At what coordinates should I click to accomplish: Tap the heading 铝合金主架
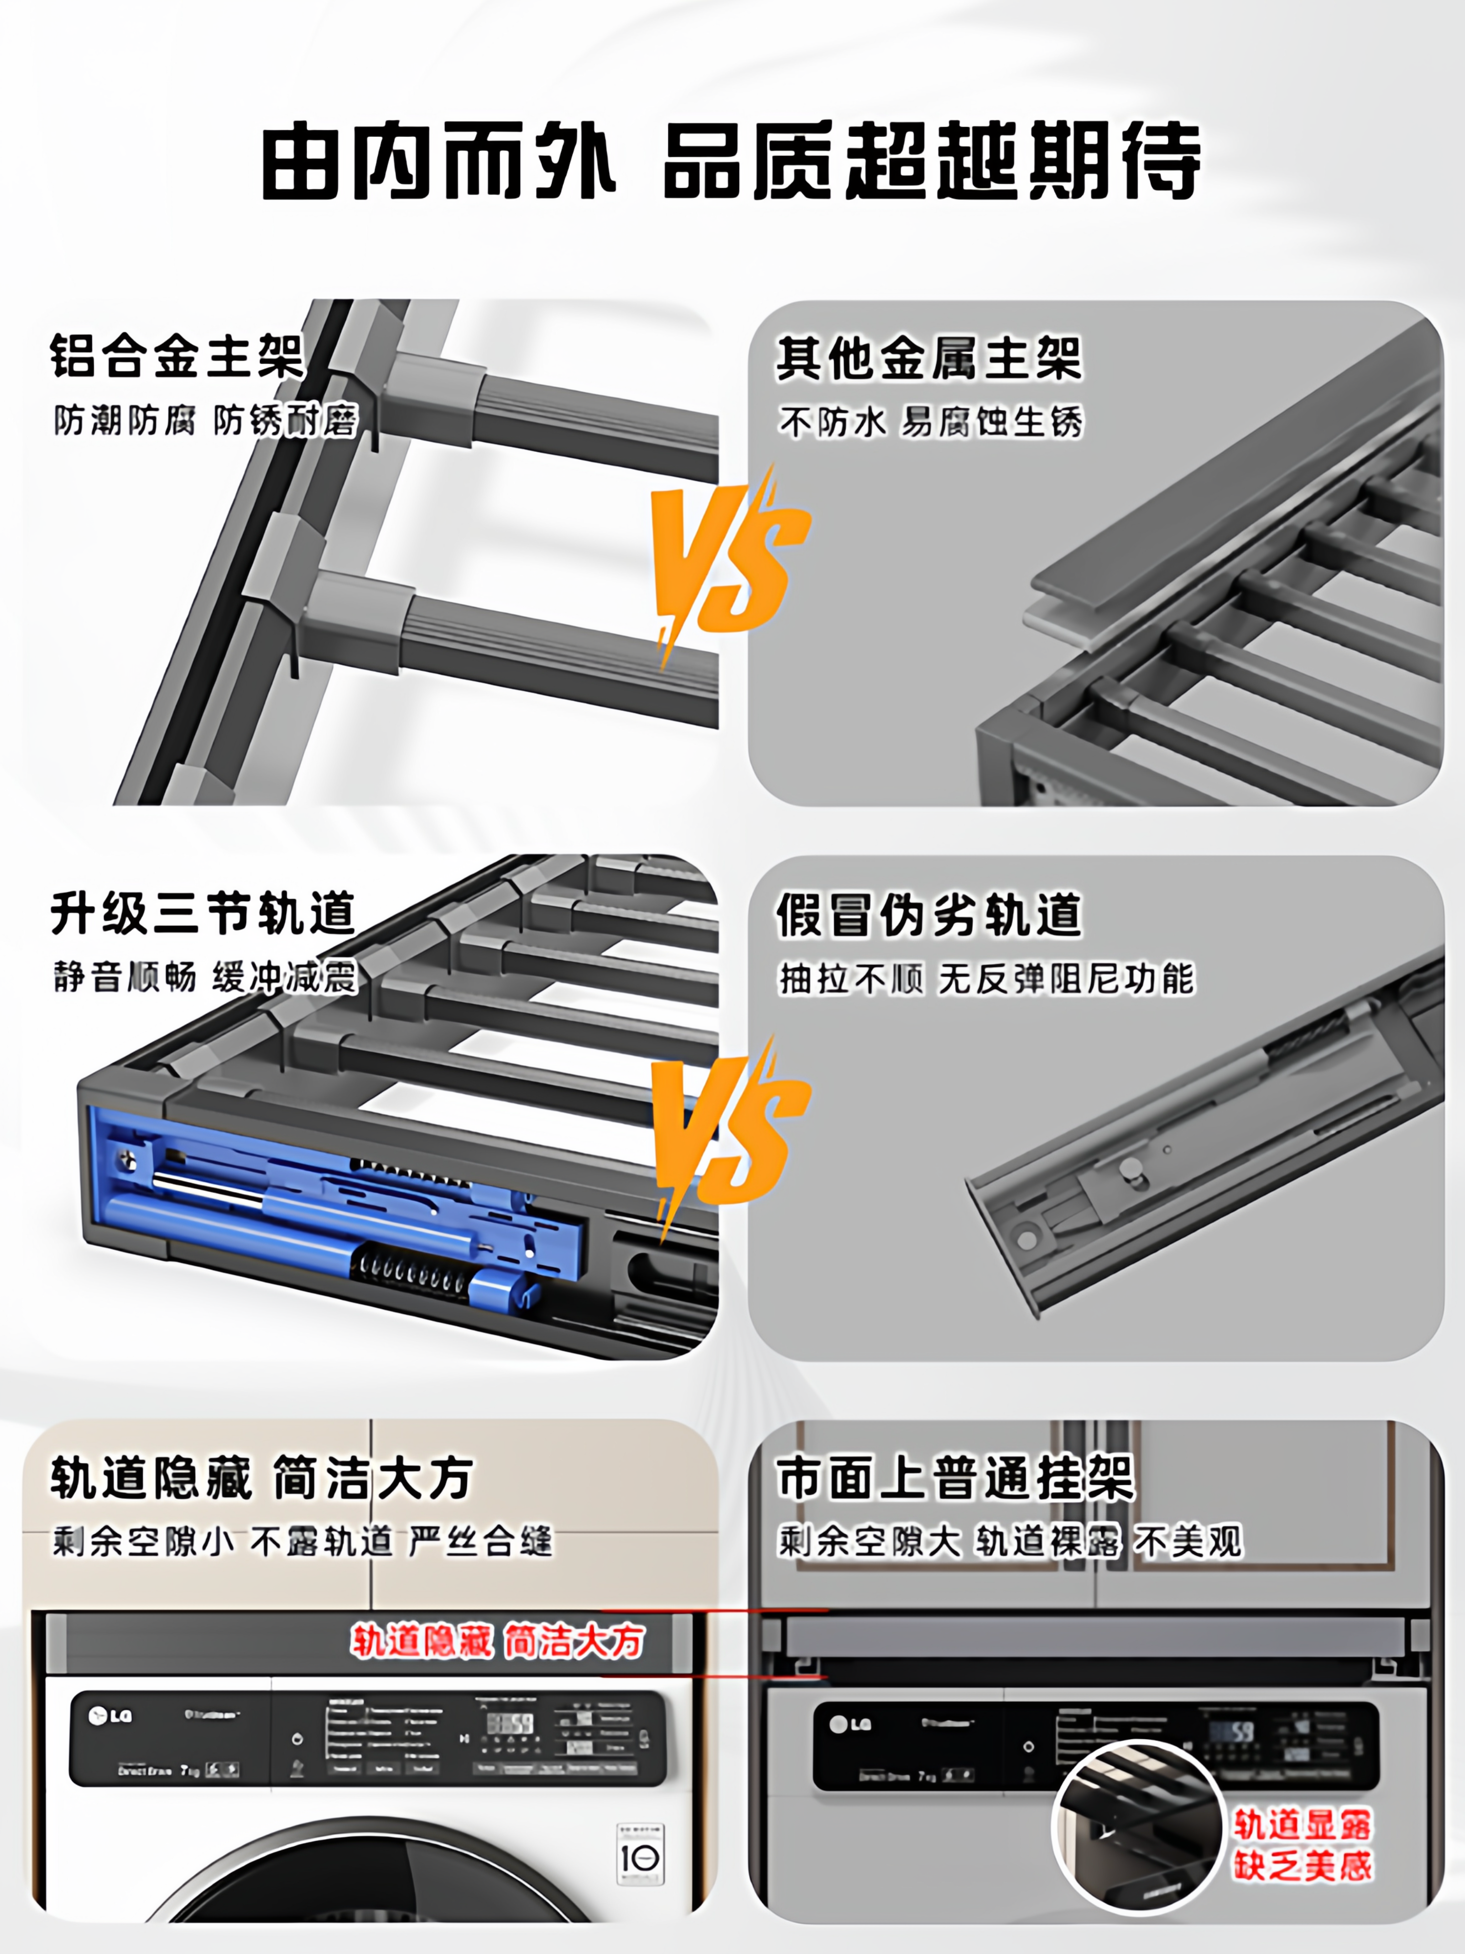click(177, 356)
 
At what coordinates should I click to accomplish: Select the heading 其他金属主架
click(929, 359)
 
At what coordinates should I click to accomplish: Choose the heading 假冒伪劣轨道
click(929, 915)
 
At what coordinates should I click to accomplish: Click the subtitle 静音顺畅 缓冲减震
click(205, 978)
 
